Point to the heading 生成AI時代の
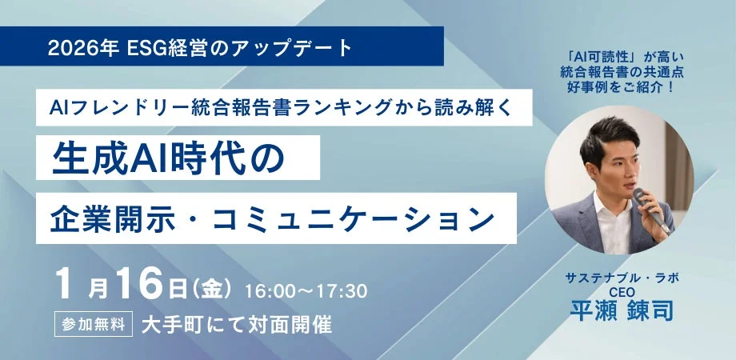pos(169,157)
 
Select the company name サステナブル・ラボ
pos(611,278)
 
